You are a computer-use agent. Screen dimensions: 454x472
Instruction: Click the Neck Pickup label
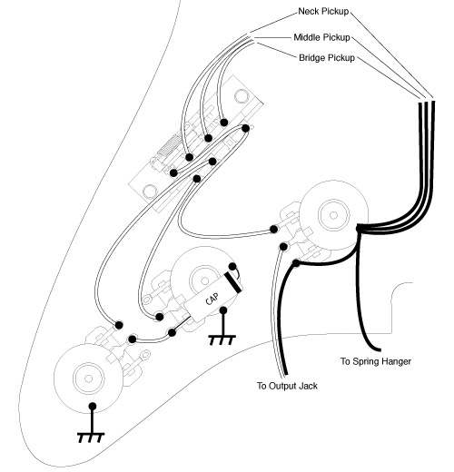(323, 12)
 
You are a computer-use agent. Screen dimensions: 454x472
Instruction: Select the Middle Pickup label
(321, 37)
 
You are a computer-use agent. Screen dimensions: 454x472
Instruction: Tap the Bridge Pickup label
(327, 58)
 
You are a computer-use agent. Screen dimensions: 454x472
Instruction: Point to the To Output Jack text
(287, 386)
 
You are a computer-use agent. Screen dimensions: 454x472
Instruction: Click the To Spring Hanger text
(376, 361)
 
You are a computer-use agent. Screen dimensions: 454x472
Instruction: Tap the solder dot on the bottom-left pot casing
(93, 407)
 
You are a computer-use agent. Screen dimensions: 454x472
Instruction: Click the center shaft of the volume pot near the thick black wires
(333, 215)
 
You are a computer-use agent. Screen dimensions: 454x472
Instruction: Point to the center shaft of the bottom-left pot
(89, 379)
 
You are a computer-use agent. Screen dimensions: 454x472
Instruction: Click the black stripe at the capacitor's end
(233, 282)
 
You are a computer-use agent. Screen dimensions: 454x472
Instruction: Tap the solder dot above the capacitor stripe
(232, 267)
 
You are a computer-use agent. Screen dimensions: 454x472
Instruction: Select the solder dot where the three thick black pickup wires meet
(359, 228)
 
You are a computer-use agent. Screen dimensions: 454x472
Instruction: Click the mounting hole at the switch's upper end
(242, 95)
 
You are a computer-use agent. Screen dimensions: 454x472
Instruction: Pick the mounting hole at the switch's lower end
(149, 191)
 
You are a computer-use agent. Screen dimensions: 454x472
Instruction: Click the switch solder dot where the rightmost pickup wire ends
(224, 123)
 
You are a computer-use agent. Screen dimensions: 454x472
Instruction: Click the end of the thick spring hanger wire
(379, 349)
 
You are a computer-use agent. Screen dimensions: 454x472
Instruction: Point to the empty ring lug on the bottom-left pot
(145, 354)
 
